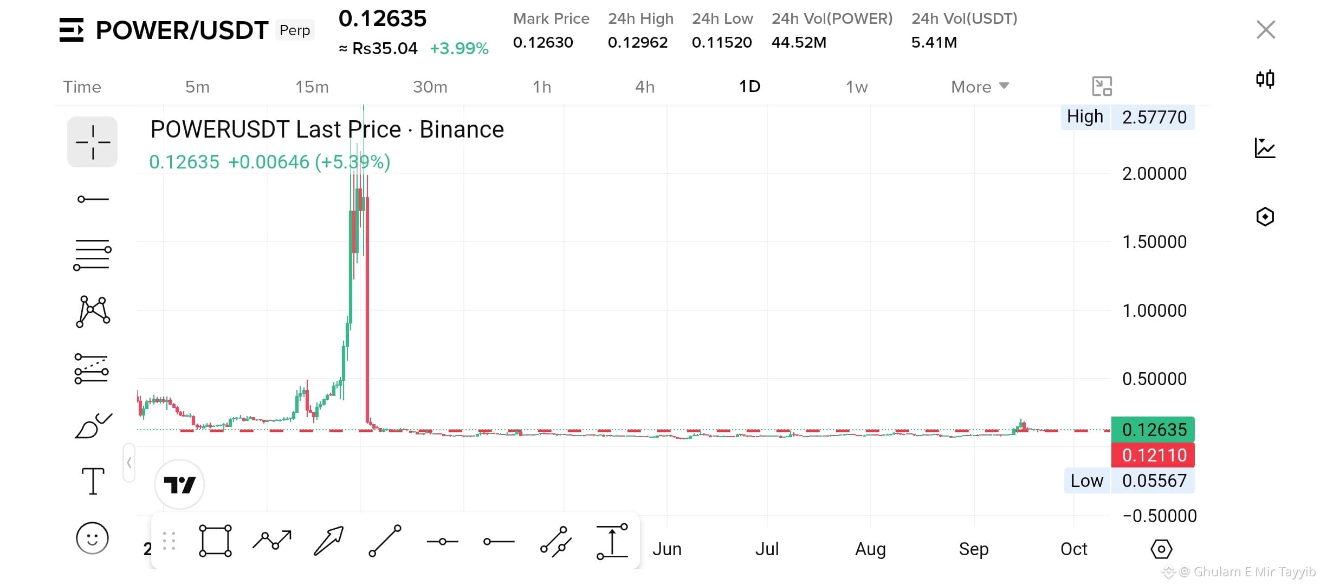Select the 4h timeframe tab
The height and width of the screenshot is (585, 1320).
tap(645, 87)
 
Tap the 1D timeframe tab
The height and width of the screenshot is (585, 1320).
tap(750, 87)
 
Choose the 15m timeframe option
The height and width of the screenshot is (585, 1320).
tap(312, 87)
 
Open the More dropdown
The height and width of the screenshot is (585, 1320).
tap(980, 87)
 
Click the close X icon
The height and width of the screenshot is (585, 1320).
tap(1266, 30)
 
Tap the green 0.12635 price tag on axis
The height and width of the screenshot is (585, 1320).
tap(1153, 430)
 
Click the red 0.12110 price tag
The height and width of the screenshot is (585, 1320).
tap(1153, 455)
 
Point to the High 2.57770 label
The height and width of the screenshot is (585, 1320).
tap(1128, 117)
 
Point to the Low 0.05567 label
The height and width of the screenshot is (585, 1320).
tap(1129, 480)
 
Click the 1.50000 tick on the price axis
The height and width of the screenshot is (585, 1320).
tap(1154, 242)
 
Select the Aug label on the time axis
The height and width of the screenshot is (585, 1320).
tap(870, 549)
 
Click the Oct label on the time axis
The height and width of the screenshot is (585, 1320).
tap(1074, 549)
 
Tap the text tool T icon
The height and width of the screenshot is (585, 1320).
tap(93, 481)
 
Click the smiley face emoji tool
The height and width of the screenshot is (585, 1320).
tap(93, 538)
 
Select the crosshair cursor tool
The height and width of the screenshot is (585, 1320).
tap(93, 142)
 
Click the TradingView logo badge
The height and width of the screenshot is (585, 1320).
tap(179, 484)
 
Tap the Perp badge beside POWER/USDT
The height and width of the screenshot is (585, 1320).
tap(295, 30)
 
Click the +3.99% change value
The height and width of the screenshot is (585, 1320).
tap(459, 48)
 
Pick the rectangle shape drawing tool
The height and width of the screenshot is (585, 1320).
tap(215, 541)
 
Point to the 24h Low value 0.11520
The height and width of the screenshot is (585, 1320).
tap(722, 42)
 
